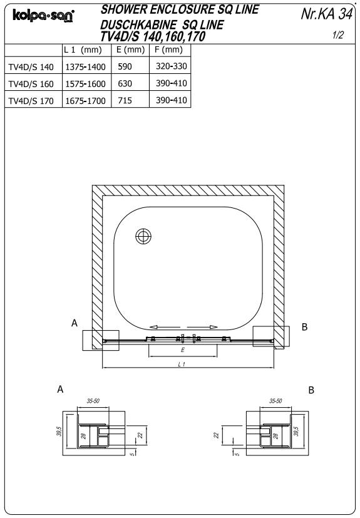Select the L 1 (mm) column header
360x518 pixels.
[83, 49]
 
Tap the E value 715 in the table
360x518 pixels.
[124, 100]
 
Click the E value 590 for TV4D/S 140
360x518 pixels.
[124, 66]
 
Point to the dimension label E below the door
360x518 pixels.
[182, 350]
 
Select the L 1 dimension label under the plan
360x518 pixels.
[182, 365]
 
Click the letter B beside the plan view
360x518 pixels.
[305, 326]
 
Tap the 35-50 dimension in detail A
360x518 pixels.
[93, 400]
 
